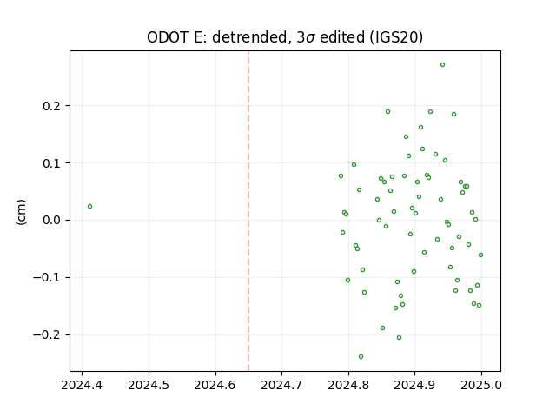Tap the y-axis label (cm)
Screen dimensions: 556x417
pos(21,212)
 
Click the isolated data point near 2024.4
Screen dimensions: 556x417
pos(89,207)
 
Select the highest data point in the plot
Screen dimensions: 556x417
pos(442,65)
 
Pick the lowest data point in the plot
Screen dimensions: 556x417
pos(361,357)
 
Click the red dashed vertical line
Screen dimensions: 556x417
pos(248,211)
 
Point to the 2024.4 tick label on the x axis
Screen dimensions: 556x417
pos(82,385)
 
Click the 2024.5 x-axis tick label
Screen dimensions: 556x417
pos(149,385)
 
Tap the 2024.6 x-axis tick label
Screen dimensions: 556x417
pos(215,385)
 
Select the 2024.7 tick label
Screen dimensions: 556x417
pos(281,385)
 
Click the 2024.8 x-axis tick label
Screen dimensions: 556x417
pos(348,385)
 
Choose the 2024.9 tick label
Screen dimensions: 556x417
pos(414,385)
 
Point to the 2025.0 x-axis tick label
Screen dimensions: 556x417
pos(481,385)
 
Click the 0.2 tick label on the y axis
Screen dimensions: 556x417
pos(52,106)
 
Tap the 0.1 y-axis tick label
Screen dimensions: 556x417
pos(52,163)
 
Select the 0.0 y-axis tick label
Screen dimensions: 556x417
pos(52,220)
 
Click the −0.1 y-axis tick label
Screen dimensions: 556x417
pos(47,278)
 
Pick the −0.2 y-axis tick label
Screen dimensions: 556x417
pos(47,334)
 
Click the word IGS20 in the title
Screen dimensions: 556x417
pos(394,37)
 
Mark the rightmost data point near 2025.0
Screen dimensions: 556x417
pos(480,255)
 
